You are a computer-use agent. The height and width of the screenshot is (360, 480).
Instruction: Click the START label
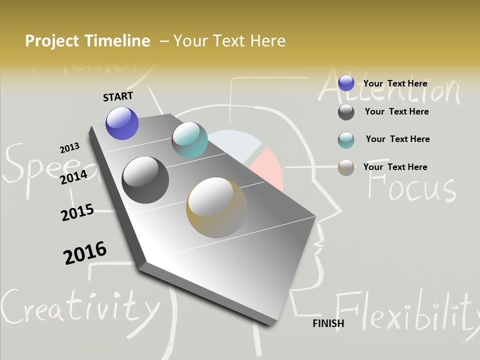[118, 96]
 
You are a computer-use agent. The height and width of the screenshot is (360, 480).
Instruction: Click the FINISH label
[328, 323]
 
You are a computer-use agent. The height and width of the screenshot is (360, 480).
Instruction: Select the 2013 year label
[69, 148]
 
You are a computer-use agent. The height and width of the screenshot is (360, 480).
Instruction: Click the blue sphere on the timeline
[122, 123]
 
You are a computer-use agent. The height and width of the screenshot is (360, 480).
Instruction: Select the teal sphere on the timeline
[189, 140]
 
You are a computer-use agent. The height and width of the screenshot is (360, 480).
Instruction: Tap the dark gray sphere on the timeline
[145, 180]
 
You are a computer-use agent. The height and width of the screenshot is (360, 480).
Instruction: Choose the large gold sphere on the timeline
[216, 207]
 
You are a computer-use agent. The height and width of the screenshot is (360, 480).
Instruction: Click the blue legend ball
[346, 83]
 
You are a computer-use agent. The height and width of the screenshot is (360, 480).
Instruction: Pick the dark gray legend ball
[346, 112]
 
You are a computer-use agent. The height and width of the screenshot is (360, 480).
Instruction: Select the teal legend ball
[346, 140]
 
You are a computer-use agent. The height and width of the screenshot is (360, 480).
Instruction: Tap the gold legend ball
[346, 167]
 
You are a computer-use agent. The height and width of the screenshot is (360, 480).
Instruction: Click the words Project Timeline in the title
[87, 41]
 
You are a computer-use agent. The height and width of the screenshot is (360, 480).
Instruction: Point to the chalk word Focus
[411, 187]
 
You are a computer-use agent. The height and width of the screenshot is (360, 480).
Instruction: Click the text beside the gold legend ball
[395, 167]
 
